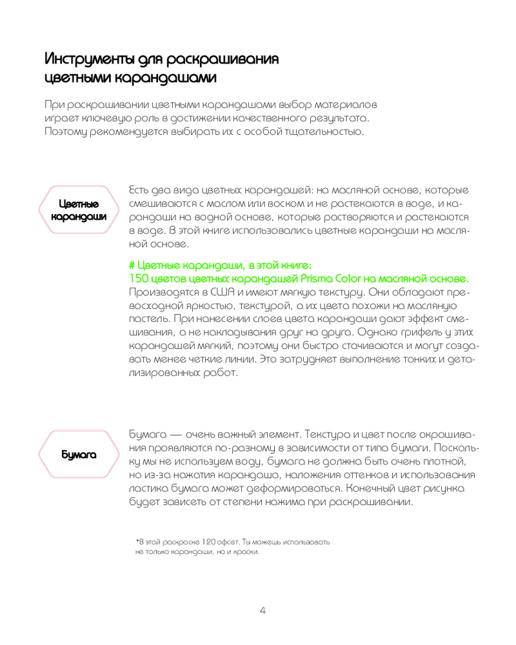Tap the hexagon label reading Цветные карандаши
(x=79, y=210)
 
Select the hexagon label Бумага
(x=79, y=455)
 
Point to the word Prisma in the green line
(x=317, y=278)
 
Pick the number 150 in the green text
(x=140, y=278)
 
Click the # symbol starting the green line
(x=132, y=265)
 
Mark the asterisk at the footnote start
(x=137, y=539)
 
